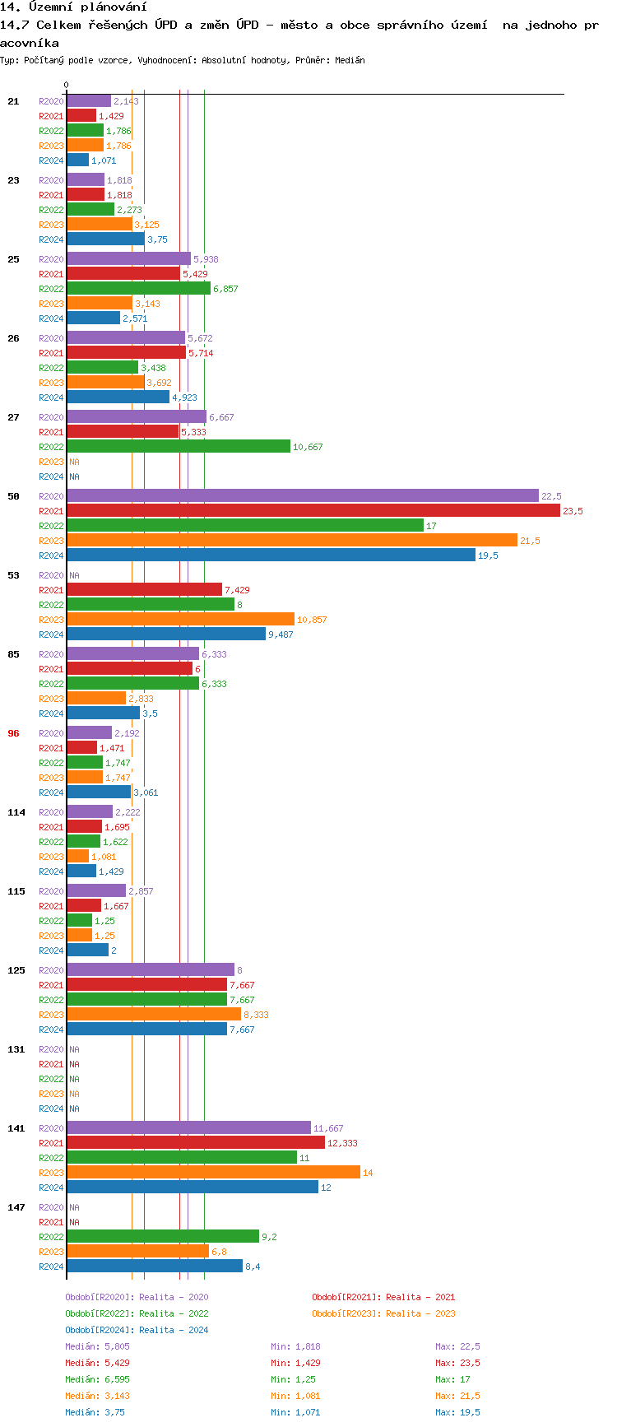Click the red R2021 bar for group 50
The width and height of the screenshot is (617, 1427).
[313, 510]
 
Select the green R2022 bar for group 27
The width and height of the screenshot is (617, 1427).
[179, 446]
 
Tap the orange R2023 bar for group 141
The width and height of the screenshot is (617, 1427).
[213, 1172]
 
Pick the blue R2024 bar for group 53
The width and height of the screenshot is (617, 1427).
[166, 634]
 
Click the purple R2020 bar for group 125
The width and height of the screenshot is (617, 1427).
[151, 969]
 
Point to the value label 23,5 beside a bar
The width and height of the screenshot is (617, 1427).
[573, 511]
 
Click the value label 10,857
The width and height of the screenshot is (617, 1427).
[312, 620]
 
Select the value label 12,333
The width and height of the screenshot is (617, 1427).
[342, 1143]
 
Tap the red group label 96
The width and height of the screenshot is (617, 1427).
[13, 733]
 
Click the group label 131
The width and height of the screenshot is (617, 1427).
[16, 1049]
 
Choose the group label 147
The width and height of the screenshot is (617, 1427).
[16, 1207]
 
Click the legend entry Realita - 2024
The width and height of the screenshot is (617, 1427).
[137, 1330]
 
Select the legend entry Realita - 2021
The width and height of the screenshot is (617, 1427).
[383, 1297]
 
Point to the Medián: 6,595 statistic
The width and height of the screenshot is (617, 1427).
[97, 1379]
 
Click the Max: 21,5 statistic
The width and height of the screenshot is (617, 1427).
[457, 1396]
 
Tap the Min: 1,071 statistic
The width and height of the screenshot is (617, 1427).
[295, 1412]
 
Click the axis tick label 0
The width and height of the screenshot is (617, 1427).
[67, 85]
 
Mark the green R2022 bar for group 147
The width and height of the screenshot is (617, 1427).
[163, 1236]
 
